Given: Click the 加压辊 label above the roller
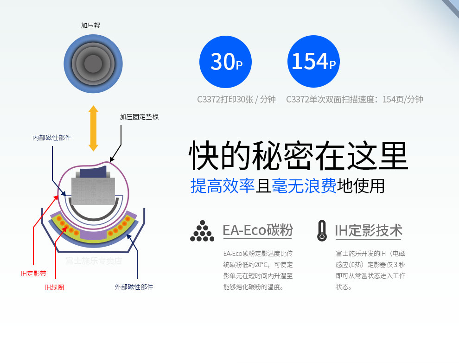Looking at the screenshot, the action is click(x=91, y=26).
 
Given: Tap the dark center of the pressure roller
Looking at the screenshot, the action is click(x=93, y=64).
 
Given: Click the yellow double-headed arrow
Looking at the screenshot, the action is click(x=93, y=128).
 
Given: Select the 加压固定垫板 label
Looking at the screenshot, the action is click(x=139, y=117).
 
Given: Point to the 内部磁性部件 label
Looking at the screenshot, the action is click(x=52, y=138).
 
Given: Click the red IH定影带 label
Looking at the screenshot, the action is click(x=34, y=274).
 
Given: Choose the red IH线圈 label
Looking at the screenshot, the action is click(x=54, y=287).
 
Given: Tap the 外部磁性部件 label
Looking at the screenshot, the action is click(x=134, y=287).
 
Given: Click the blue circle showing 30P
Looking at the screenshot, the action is click(x=225, y=62).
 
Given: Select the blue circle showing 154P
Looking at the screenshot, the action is click(x=313, y=62).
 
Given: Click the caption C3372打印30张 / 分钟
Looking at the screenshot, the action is click(x=236, y=100).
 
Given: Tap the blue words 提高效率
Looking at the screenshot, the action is click(x=223, y=186).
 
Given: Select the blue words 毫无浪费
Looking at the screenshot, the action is click(x=304, y=186).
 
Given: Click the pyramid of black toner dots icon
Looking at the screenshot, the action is click(x=202, y=231).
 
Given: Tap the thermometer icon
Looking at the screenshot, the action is click(x=322, y=231).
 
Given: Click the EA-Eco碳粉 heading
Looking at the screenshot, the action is click(x=258, y=230).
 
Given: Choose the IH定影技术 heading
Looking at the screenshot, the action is click(x=369, y=230).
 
